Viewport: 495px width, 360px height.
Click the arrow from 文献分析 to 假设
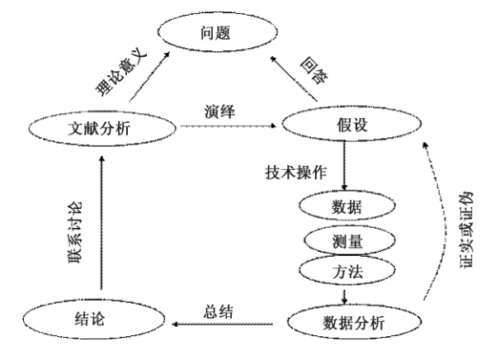pyautogui.click(x=227, y=127)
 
